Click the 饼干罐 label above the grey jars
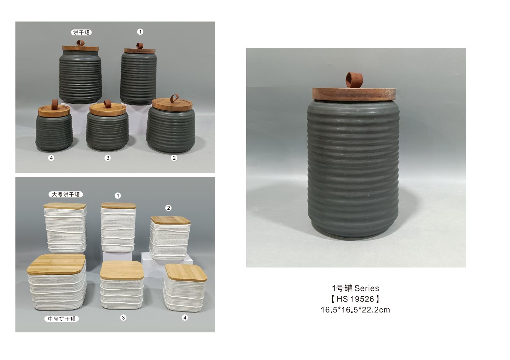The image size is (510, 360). (x=81, y=32)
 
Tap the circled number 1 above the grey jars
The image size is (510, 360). (x=140, y=32)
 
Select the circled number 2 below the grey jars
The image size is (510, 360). (x=174, y=158)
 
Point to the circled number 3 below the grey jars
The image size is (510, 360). (x=108, y=158)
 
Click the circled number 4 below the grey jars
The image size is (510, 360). (x=51, y=158)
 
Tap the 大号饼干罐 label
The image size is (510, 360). (x=66, y=194)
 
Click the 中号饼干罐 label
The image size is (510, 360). (x=61, y=319)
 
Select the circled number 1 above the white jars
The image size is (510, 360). (x=118, y=196)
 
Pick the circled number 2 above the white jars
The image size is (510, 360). (x=168, y=208)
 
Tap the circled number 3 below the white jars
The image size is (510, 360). (x=123, y=318)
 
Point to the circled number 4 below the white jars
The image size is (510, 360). (x=185, y=318)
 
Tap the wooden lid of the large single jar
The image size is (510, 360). (x=354, y=94)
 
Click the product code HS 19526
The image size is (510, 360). (x=355, y=299)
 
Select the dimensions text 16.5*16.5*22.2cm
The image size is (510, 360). (x=355, y=310)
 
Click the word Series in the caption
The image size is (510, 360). (x=367, y=288)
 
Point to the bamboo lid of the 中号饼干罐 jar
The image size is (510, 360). (x=56, y=264)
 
